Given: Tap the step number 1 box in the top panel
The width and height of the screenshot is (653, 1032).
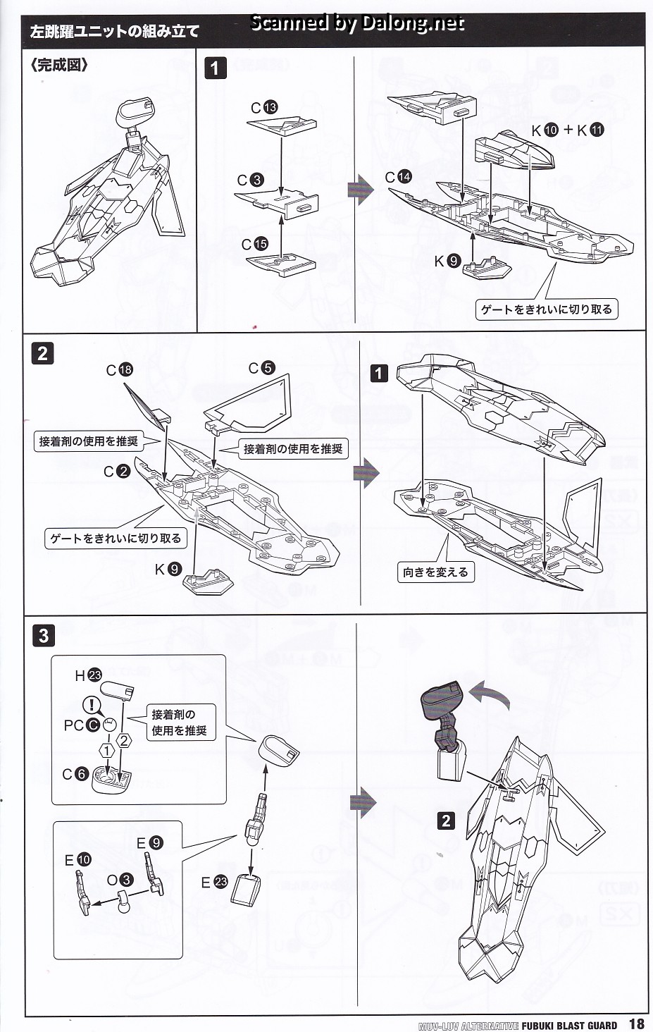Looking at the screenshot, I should (x=215, y=68).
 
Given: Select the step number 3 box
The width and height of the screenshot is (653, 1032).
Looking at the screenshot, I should (x=43, y=635).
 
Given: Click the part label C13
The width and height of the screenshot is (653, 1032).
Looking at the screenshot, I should (x=264, y=107).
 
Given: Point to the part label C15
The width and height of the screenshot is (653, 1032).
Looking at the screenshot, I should (x=254, y=244).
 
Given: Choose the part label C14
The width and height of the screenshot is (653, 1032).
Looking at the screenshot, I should (x=398, y=177).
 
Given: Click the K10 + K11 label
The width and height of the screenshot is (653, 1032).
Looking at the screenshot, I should (x=568, y=130).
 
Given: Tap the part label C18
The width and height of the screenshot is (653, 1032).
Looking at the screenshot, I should (x=119, y=370).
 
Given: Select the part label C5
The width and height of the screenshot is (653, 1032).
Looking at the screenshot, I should (x=261, y=368).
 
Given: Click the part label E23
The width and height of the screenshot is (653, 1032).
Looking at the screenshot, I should (x=214, y=882).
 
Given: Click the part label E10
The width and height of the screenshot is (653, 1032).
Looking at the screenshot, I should (x=77, y=860).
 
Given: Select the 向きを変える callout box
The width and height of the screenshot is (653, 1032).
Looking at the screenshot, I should (x=435, y=572).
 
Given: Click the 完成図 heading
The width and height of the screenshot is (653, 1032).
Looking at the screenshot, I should (x=59, y=66).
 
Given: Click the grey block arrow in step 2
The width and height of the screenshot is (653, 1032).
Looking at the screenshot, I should (x=366, y=473).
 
